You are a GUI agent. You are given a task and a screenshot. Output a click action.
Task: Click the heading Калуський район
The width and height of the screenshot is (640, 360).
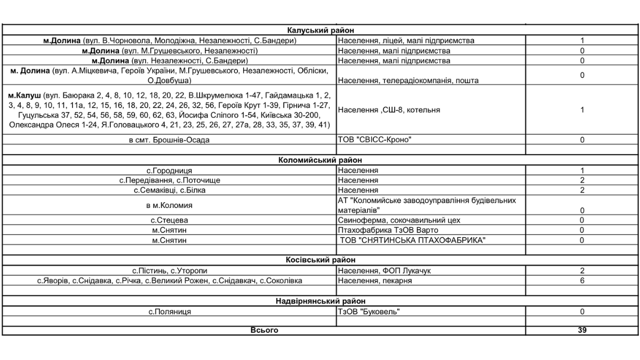pyautogui.click(x=321, y=31)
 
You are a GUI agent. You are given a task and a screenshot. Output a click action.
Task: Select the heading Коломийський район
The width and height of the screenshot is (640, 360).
pyautogui.click(x=321, y=160)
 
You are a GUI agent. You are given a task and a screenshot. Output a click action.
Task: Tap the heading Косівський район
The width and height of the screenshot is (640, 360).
pyautogui.click(x=321, y=260)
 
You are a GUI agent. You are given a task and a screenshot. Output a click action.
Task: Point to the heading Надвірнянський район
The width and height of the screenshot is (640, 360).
pyautogui.click(x=321, y=301)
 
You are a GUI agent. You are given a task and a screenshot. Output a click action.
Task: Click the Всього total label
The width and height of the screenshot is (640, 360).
pyautogui.click(x=264, y=331)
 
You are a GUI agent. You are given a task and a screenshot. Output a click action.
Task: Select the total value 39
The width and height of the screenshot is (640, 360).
pyautogui.click(x=582, y=331)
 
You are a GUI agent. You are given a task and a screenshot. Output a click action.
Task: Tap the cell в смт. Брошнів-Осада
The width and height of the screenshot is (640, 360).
pyautogui.click(x=169, y=140)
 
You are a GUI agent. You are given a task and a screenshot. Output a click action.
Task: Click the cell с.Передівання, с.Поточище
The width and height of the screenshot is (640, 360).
pyautogui.click(x=169, y=180)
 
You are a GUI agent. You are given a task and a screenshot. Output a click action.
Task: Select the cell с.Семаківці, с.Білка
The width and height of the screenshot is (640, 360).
pyautogui.click(x=169, y=190)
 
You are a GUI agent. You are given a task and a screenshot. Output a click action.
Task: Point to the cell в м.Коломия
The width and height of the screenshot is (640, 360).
pyautogui.click(x=169, y=205)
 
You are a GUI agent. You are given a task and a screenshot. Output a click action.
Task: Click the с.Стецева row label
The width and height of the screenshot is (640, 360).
pyautogui.click(x=169, y=220)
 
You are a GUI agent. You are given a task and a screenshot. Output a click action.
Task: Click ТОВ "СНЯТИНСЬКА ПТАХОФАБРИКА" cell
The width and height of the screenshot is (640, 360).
pyautogui.click(x=413, y=241)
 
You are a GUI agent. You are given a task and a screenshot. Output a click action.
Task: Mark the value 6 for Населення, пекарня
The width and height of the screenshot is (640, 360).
pyautogui.click(x=582, y=281)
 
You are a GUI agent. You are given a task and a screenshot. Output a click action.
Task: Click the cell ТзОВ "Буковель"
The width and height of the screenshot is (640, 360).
pyautogui.click(x=369, y=312)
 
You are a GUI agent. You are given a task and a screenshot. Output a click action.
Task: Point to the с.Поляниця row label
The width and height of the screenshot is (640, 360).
pyautogui.click(x=169, y=312)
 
